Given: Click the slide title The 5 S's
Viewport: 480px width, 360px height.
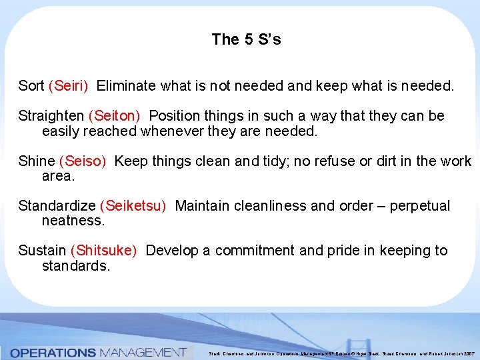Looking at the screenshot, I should (246, 39).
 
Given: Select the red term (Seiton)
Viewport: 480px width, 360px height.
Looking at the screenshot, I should (114, 116).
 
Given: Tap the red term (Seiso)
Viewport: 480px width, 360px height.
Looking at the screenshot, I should (83, 161).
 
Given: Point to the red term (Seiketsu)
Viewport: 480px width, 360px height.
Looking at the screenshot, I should (133, 206).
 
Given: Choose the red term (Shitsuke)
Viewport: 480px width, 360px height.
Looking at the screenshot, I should (103, 251).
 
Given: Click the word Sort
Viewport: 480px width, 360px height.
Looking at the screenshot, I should (31, 86).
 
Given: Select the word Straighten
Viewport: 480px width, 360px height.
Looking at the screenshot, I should (51, 116).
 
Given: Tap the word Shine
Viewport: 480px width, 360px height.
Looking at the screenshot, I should (37, 161).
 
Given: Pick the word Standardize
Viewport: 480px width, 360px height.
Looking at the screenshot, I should (57, 206).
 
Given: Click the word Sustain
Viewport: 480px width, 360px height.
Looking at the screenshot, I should (41, 251).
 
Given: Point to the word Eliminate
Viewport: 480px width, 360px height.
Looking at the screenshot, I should (125, 86).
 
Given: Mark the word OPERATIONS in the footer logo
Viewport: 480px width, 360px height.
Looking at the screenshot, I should (53, 352).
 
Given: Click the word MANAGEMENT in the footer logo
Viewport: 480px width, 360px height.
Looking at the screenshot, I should (142, 352).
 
